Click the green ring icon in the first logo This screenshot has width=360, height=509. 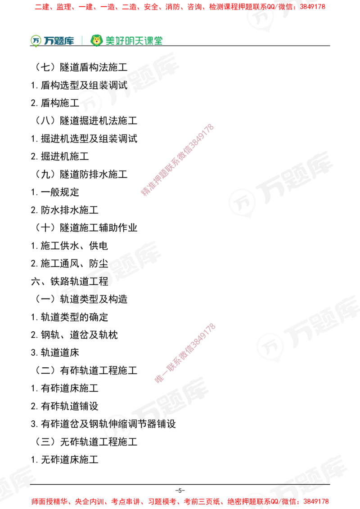(36, 40)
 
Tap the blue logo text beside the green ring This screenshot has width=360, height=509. (59, 41)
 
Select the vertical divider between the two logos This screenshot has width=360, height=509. (81, 40)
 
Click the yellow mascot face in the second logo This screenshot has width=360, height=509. (96, 40)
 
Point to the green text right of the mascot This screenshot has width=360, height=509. (134, 40)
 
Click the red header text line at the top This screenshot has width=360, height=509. (180, 7)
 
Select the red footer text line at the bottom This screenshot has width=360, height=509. (180, 501)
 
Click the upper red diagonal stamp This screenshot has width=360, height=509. (177, 160)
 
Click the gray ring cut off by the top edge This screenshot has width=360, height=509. (261, 17)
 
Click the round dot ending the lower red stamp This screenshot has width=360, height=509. (158, 379)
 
